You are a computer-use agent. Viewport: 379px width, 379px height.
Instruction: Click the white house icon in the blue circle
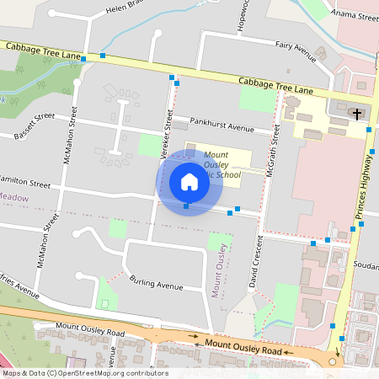189,181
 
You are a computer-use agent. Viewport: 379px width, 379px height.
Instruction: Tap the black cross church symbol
357,113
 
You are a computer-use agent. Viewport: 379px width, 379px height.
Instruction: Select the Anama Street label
355,15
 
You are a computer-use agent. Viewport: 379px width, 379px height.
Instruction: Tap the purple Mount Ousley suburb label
219,270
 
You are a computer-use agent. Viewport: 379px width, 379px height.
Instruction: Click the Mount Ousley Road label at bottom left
90,329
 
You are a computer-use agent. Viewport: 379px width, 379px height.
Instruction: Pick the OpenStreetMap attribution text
84,373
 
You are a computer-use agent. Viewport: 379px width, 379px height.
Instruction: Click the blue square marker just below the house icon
186,206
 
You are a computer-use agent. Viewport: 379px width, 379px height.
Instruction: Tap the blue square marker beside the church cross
370,130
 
